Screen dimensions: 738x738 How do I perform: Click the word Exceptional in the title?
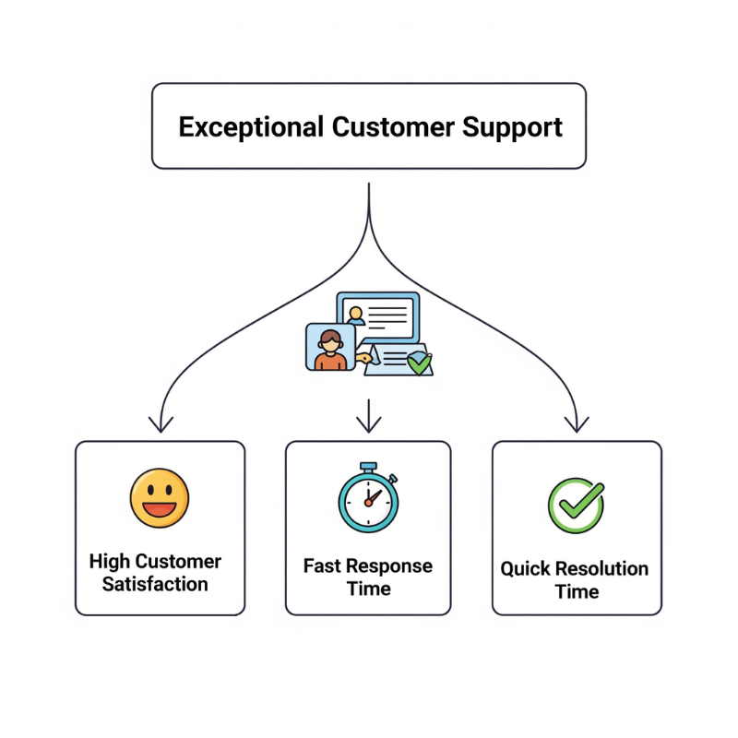point(250,126)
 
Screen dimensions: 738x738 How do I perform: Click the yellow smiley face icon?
point(160,498)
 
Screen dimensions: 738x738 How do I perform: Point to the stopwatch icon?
point(368,501)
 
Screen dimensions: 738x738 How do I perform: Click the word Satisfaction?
point(155,584)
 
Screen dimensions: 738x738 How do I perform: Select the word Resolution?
point(599,568)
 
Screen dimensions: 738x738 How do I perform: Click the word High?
point(110,561)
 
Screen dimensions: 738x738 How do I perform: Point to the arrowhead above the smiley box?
point(161,424)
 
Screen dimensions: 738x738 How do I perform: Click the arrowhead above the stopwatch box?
point(369,424)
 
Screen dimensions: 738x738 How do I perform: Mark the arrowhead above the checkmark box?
point(577,424)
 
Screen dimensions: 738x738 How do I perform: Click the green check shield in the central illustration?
point(419,363)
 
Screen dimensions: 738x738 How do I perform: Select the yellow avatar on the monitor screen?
point(355,314)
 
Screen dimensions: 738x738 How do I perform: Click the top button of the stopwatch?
point(368,466)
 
